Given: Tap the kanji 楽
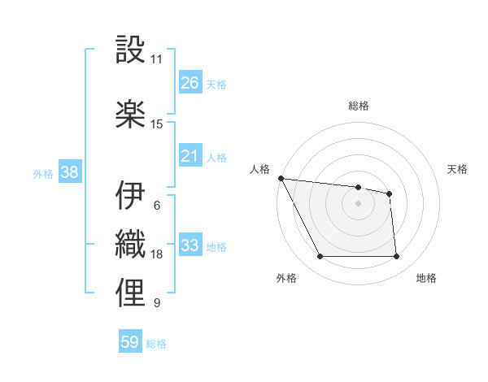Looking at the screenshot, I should tap(130, 115).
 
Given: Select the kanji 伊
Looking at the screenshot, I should tap(130, 195).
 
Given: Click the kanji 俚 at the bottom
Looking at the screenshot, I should tap(130, 293).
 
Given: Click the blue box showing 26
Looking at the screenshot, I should tap(190, 83).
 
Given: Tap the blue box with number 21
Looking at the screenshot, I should tap(190, 156).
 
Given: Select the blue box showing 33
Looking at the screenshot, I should tap(190, 245).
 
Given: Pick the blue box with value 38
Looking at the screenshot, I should tap(69, 172).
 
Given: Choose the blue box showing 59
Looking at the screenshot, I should tap(130, 342).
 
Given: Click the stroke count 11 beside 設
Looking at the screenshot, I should tap(156, 59).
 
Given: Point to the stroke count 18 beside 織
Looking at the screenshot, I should tap(156, 254).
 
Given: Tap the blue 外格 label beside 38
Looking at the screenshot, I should tap(43, 173).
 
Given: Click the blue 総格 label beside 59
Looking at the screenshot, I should tap(156, 344).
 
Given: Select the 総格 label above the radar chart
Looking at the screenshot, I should tap(358, 106).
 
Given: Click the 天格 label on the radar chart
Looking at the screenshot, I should tap(458, 170).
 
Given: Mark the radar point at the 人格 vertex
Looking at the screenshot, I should tap(281, 178).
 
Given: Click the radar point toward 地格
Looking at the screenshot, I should tap(396, 257).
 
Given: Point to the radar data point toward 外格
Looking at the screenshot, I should tap(320, 257).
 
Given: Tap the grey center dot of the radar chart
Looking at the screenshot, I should tap(358, 203).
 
